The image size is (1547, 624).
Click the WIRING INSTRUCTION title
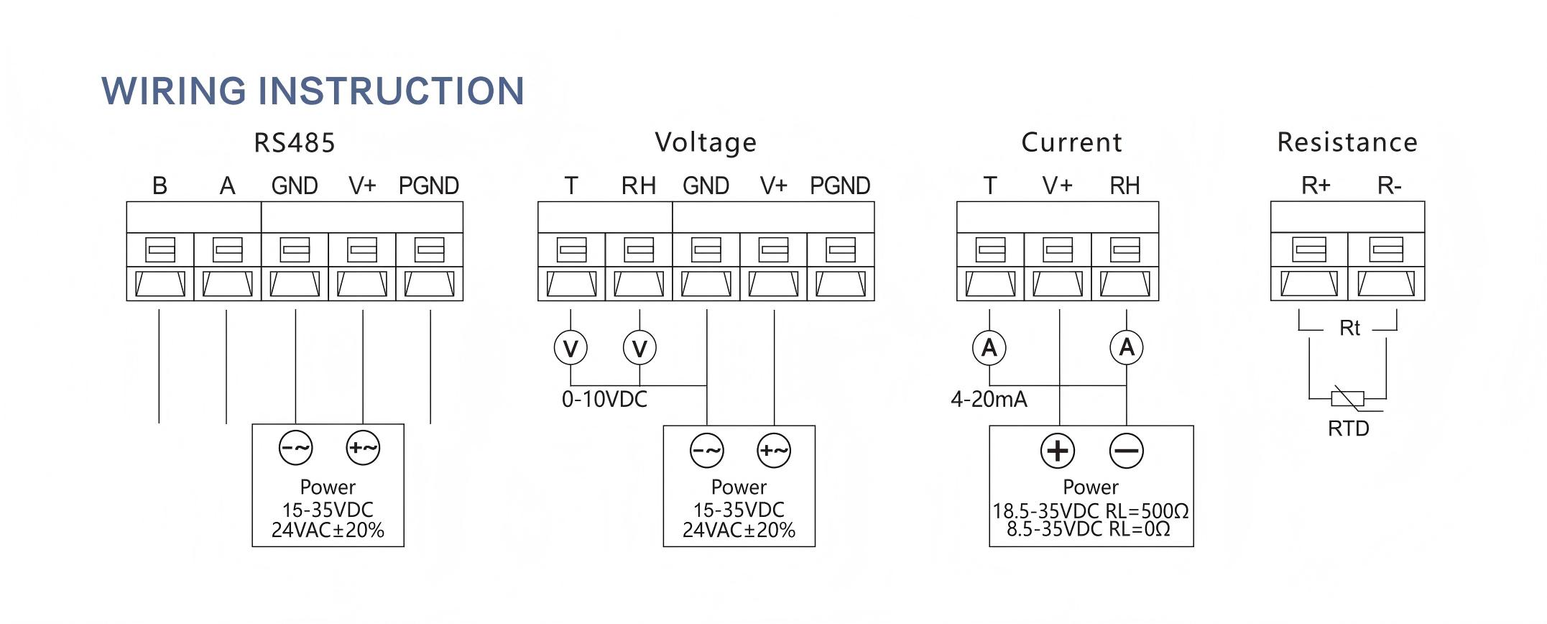coord(313,91)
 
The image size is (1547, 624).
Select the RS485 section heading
coord(295,142)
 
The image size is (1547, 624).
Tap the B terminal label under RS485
coord(160,186)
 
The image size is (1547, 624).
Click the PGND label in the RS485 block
coord(429,186)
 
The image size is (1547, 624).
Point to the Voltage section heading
coord(706,142)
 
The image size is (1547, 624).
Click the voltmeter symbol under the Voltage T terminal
coord(571,348)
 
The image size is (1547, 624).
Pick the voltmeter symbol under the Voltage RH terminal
coord(639,348)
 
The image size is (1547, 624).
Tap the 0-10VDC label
coord(604,399)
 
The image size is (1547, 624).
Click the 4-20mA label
coord(989,399)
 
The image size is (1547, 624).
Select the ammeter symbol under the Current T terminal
coord(989,347)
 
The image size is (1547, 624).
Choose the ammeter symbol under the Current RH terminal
coord(1127,347)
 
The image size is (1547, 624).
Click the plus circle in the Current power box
coord(1058,451)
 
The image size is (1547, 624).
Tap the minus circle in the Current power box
coord(1126,451)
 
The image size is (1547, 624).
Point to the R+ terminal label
coord(1316,186)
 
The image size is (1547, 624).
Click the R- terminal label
coord(1390,186)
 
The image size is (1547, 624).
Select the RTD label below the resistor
coord(1348,428)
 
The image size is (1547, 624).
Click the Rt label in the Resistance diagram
coord(1349,329)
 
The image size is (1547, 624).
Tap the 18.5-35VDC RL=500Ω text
coord(1090,511)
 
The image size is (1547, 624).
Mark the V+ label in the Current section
coord(1058,186)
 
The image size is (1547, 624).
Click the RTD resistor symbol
coord(1347,398)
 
